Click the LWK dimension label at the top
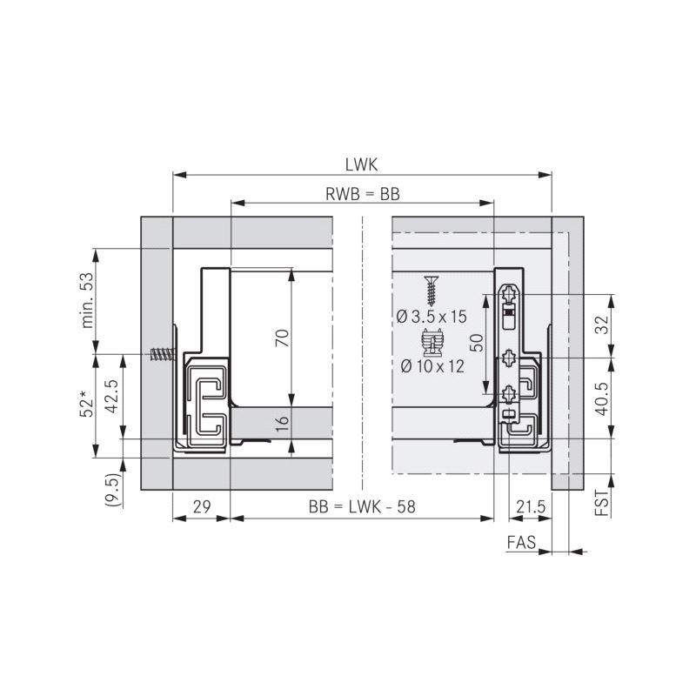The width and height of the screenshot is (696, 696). click(x=361, y=164)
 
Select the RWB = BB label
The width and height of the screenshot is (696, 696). click(x=363, y=194)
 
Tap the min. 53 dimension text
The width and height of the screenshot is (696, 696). click(x=88, y=300)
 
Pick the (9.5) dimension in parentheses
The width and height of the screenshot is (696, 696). click(x=112, y=490)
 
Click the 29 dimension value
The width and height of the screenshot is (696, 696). click(x=202, y=506)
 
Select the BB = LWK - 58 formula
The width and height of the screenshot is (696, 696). click(x=362, y=506)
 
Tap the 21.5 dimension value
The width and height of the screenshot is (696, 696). click(x=531, y=506)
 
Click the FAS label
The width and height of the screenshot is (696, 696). click(x=521, y=542)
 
